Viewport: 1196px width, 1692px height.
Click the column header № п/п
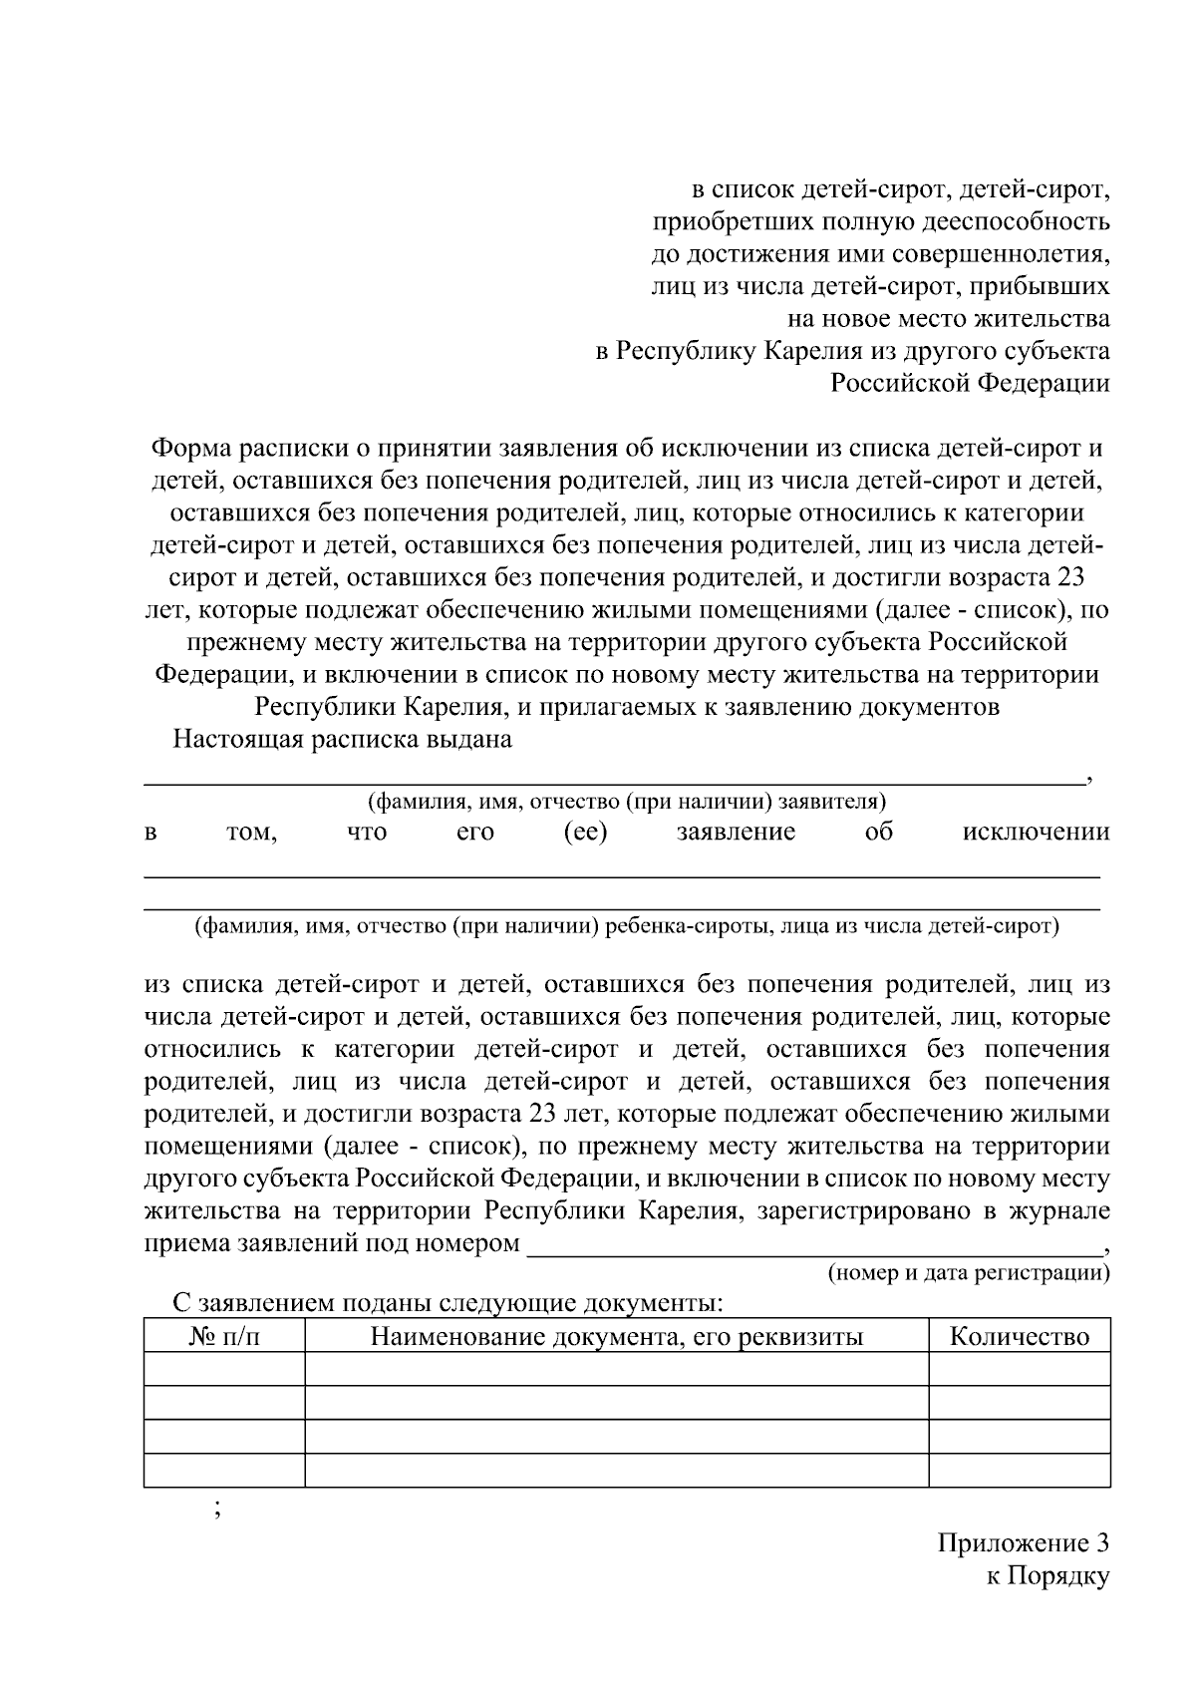pos(224,1336)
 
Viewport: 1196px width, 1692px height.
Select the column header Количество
pos(1019,1336)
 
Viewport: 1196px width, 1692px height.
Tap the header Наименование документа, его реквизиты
pos(616,1336)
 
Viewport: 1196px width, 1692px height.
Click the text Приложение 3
pos(1023,1543)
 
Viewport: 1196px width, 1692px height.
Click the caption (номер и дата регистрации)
pos(969,1273)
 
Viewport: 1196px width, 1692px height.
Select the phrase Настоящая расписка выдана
pos(342,739)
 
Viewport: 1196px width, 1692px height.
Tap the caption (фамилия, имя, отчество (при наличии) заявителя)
pos(627,801)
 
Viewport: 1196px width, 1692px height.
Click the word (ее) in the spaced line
pos(584,832)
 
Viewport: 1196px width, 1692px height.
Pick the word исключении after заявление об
pos(1035,832)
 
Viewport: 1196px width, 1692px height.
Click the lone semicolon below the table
pos(216,1509)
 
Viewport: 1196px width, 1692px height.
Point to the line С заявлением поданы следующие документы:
pos(448,1303)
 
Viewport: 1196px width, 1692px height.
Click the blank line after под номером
pos(812,1246)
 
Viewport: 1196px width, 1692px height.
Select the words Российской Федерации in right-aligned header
pos(970,383)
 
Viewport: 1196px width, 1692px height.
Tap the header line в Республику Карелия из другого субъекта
pos(852,351)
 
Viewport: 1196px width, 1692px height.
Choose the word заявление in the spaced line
pos(736,832)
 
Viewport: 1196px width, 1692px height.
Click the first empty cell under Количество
pos(1019,1369)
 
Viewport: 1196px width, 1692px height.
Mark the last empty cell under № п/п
pos(224,1470)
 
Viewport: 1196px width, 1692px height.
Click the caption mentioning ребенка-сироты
pos(627,926)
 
